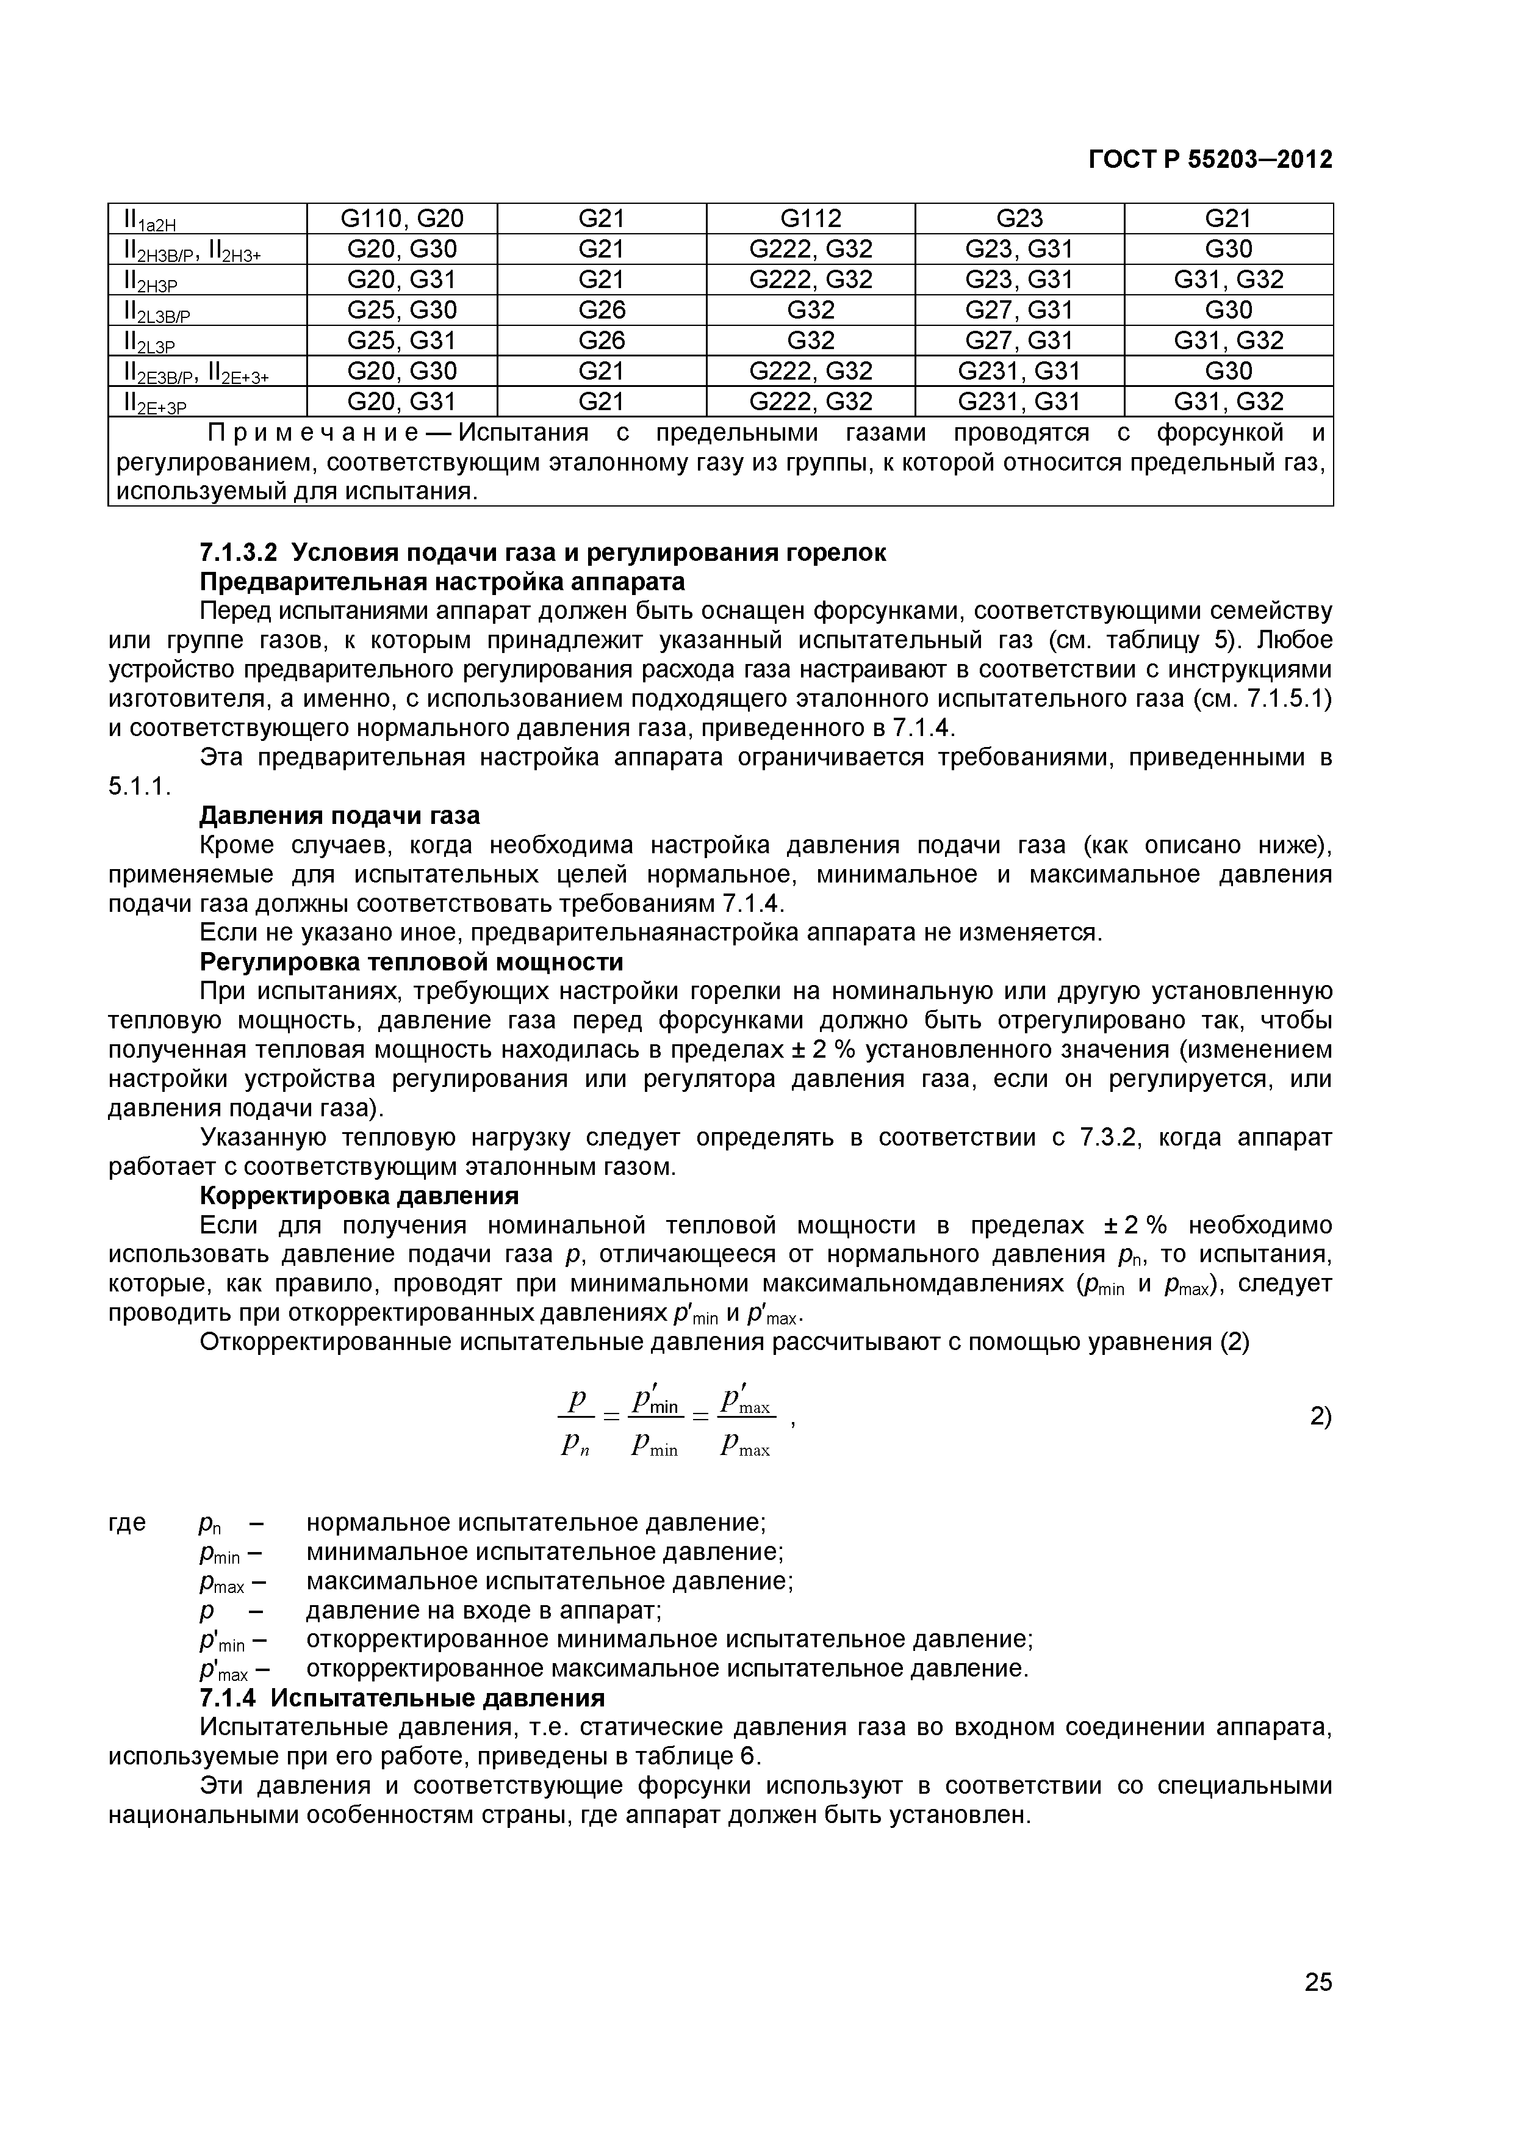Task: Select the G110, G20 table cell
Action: (x=402, y=218)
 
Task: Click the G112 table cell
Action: (x=810, y=218)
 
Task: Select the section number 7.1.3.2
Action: (x=239, y=553)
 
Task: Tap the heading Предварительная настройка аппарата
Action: (x=443, y=582)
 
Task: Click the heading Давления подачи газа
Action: (x=340, y=816)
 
